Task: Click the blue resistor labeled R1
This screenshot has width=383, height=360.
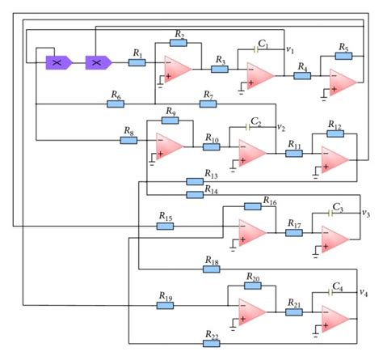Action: [137, 62]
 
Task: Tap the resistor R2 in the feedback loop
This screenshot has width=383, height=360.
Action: [179, 44]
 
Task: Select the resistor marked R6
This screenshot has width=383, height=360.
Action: [115, 104]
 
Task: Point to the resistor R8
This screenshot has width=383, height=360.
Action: [128, 140]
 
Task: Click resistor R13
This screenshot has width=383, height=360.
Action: [194, 181]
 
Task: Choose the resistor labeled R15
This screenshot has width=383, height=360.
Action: [165, 226]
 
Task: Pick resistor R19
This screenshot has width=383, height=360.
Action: [165, 304]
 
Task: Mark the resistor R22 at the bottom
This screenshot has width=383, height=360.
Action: [212, 343]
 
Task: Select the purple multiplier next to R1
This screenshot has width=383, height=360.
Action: [98, 62]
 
